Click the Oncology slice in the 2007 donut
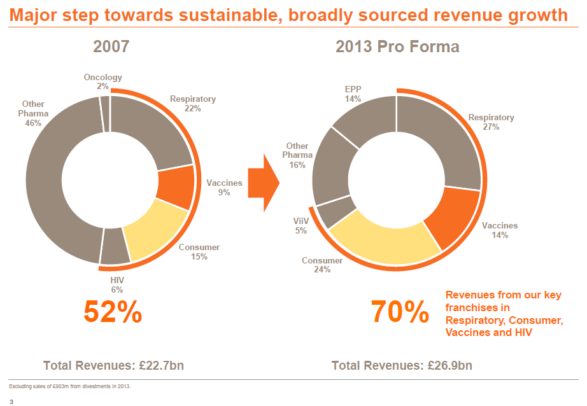pos(105,113)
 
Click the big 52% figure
pos(113,312)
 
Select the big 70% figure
pos(399,312)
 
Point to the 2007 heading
pos(111,47)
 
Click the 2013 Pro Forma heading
pos(397,47)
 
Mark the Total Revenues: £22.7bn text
pos(113,365)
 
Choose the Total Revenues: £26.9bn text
pos(402,365)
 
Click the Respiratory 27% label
pos(491,122)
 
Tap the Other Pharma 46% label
pos(34,113)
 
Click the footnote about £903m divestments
pos(69,386)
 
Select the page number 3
pos(11,402)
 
